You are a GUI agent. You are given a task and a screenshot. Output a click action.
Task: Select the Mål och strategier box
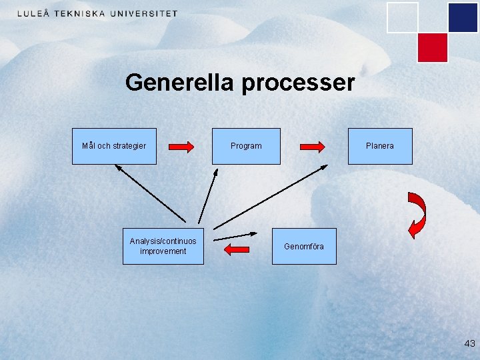pyautogui.click(x=114, y=146)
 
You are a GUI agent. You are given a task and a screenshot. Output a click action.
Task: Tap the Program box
pyautogui.click(x=246, y=146)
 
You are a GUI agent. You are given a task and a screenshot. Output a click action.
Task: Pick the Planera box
pyautogui.click(x=380, y=146)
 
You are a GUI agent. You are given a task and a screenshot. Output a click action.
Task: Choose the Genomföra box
pyautogui.click(x=304, y=247)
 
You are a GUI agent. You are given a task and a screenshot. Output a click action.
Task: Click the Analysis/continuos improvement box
pyautogui.click(x=163, y=246)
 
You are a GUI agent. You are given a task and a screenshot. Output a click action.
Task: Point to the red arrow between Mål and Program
pyautogui.click(x=181, y=146)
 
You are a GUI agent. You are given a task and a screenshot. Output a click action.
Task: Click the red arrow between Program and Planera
pyautogui.click(x=311, y=146)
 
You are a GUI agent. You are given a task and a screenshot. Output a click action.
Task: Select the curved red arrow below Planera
pyautogui.click(x=418, y=215)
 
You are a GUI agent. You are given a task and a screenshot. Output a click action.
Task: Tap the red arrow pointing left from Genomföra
pyautogui.click(x=237, y=249)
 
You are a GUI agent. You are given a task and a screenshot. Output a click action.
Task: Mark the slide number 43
pyautogui.click(x=469, y=344)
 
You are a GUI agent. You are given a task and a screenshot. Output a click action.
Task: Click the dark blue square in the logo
pyautogui.click(x=463, y=17)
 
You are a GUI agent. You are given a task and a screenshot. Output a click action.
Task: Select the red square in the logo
pyautogui.click(x=432, y=47)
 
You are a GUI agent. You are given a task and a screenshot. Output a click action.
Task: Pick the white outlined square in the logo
pyautogui.click(x=403, y=17)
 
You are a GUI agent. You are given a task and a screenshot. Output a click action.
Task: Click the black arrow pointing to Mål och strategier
pyautogui.click(x=150, y=193)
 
